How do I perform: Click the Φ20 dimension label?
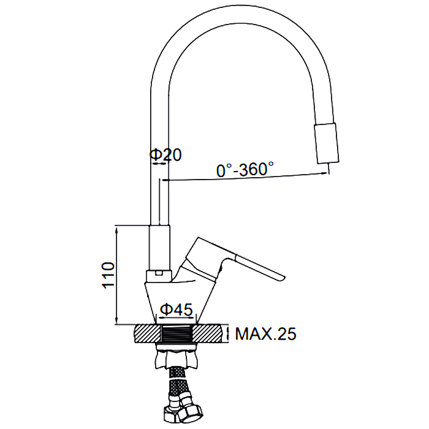(165, 155)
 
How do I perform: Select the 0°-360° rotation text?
(245, 169)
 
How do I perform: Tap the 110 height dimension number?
(108, 275)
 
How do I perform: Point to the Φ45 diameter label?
(177, 309)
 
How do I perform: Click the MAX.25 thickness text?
(265, 334)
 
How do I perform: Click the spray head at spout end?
(327, 143)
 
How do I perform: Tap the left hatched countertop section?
(148, 333)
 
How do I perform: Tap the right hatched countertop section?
(207, 333)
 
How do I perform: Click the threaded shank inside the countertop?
(177, 333)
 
